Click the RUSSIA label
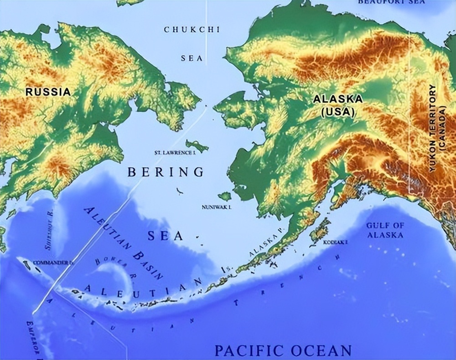[x=48, y=92]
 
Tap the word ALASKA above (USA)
[x=338, y=99]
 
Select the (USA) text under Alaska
[x=338, y=112]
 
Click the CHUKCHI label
[x=192, y=30]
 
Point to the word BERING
[x=166, y=172]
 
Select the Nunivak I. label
[x=217, y=207]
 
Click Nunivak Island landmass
[x=224, y=196]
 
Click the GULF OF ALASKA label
[x=385, y=230]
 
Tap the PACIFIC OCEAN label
[x=283, y=350]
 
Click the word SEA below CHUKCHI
[x=192, y=59]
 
